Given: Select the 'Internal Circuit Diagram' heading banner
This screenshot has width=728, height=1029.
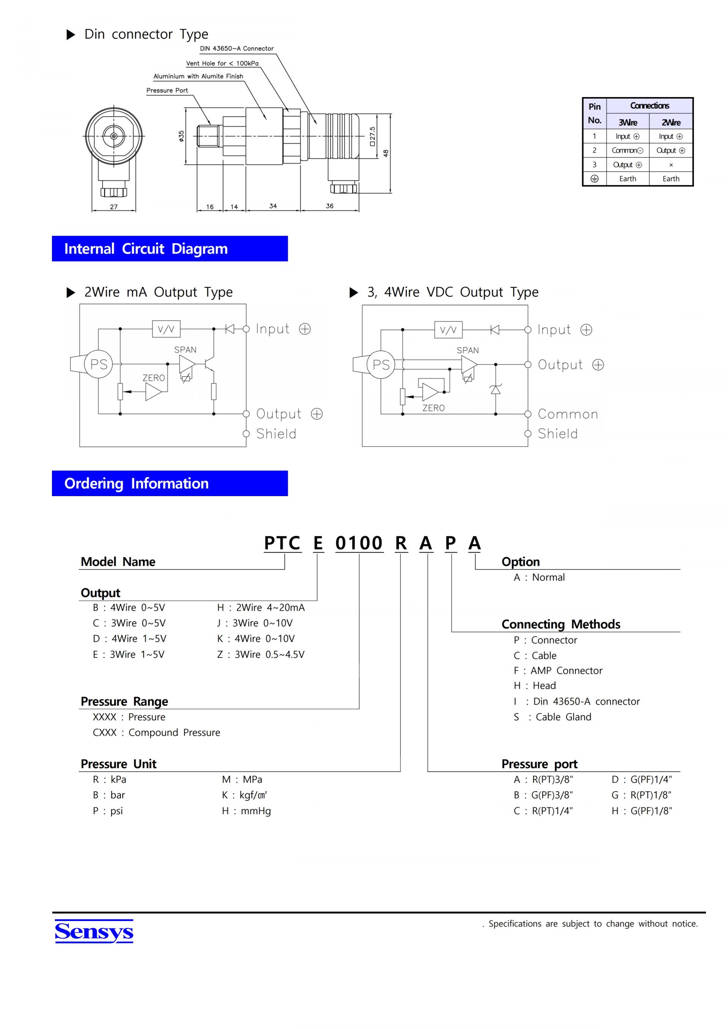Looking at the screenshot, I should pyautogui.click(x=169, y=249).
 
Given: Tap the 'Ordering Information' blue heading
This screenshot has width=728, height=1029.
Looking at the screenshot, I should pyautogui.click(x=169, y=483).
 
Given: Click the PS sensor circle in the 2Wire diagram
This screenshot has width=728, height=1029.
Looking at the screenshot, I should pyautogui.click(x=99, y=364).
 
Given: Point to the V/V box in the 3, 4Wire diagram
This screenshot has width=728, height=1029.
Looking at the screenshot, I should pyautogui.click(x=448, y=330).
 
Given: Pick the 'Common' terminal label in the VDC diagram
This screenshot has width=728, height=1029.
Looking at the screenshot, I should pyautogui.click(x=568, y=414).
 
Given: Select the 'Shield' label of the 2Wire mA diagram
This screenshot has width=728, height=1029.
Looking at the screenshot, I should pyautogui.click(x=276, y=434).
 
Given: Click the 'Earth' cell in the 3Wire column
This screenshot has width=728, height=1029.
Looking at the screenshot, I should pyautogui.click(x=628, y=179).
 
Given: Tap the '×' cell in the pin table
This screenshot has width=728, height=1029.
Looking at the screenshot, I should pyautogui.click(x=671, y=165).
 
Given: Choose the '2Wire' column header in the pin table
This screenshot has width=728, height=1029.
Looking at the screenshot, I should pyautogui.click(x=671, y=122).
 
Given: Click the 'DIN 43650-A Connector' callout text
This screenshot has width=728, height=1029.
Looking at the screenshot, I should pyautogui.click(x=237, y=49).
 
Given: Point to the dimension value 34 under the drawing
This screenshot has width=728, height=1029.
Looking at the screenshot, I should pyautogui.click(x=273, y=206).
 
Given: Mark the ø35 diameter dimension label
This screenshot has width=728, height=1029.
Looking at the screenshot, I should pyautogui.click(x=182, y=136).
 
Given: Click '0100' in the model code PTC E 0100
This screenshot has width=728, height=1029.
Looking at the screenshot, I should pyautogui.click(x=359, y=543).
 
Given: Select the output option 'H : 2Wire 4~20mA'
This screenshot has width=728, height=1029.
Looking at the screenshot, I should pyautogui.click(x=261, y=608).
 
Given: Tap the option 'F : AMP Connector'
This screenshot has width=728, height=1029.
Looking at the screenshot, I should pyautogui.click(x=558, y=670).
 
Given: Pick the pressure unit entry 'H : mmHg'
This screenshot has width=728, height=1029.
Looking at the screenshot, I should pyautogui.click(x=246, y=811).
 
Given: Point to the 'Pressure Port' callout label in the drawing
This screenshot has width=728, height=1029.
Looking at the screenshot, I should pyautogui.click(x=167, y=91).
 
